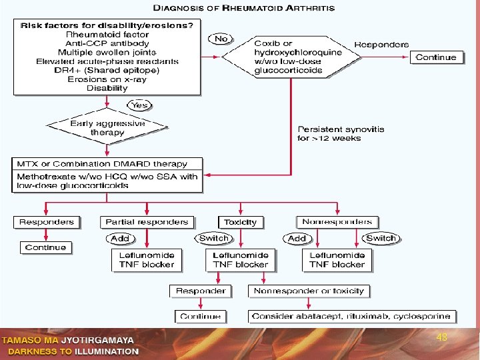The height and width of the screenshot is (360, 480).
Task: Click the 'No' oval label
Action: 221,39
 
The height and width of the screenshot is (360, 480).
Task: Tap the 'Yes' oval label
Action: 139,105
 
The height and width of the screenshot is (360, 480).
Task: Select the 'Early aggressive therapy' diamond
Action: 107,126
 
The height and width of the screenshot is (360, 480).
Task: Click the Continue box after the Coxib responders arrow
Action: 436,57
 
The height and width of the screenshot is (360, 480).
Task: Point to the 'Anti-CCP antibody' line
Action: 107,43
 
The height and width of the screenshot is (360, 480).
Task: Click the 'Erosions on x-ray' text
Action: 107,79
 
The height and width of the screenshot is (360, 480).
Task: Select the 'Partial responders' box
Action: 147,222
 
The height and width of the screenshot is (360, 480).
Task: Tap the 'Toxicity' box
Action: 240,222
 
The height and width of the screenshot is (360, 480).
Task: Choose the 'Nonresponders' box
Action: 337,222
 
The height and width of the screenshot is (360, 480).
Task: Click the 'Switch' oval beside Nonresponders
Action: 381,238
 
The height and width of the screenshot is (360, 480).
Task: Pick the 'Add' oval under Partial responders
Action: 120,239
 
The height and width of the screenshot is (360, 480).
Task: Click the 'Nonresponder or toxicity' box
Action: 309,291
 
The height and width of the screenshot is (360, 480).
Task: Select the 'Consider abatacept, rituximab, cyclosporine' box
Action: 352,316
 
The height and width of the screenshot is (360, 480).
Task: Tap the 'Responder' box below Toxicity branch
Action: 201,291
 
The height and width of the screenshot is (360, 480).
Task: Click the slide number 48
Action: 442,337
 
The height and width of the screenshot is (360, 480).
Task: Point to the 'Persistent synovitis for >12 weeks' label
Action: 341,134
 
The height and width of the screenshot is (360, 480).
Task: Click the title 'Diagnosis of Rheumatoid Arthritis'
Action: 244,8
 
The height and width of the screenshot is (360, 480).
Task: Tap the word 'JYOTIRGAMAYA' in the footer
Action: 97,341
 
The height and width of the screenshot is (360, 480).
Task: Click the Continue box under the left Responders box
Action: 46,247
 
